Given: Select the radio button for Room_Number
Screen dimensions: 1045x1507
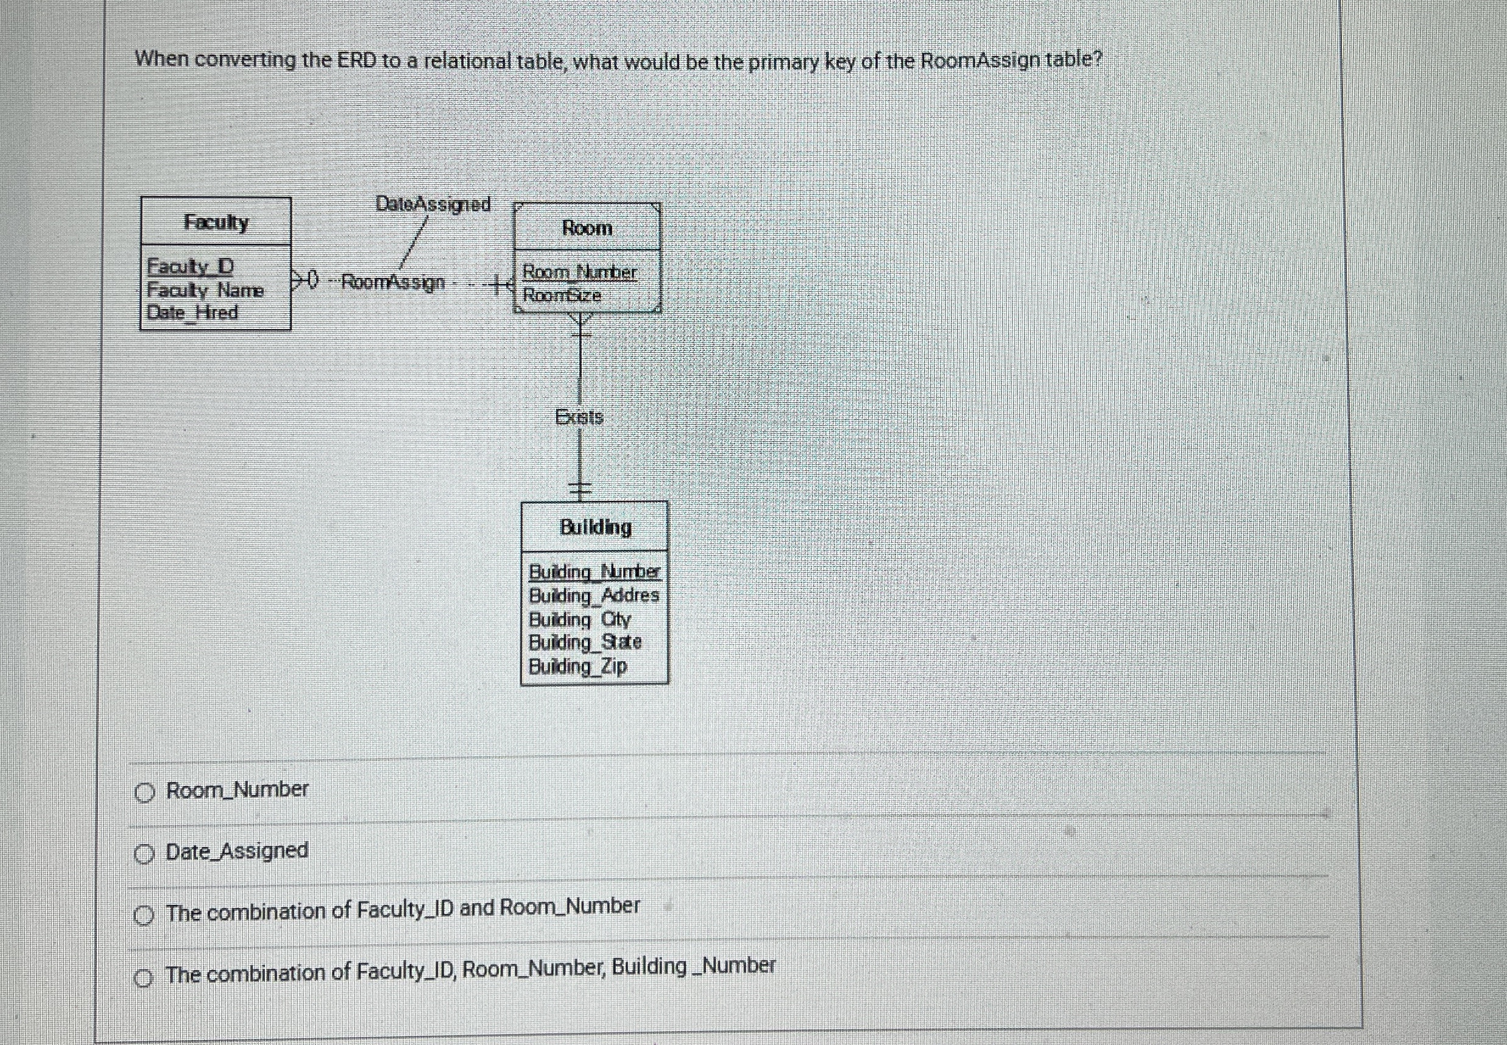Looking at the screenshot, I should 144,793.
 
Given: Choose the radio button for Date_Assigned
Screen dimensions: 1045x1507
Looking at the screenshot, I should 144,854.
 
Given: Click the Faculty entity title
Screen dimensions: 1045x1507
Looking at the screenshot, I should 216,222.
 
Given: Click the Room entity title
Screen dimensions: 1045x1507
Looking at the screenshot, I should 587,228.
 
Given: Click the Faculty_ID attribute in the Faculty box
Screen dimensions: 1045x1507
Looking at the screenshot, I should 191,266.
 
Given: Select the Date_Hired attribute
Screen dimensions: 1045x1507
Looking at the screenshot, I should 192,313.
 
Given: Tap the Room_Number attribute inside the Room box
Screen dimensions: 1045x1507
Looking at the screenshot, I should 579,272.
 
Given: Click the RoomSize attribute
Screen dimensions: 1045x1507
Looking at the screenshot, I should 562,296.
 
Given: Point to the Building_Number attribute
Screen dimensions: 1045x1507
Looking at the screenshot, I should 594,572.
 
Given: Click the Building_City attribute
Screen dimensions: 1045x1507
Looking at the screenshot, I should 580,618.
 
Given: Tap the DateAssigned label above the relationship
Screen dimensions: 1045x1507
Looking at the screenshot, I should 433,204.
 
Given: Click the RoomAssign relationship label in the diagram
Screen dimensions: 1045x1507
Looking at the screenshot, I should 394,282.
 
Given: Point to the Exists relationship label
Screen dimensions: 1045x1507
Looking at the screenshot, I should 579,416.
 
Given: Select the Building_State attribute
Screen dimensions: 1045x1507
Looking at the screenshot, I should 585,642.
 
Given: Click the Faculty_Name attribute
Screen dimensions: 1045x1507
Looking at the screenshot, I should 205,289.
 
